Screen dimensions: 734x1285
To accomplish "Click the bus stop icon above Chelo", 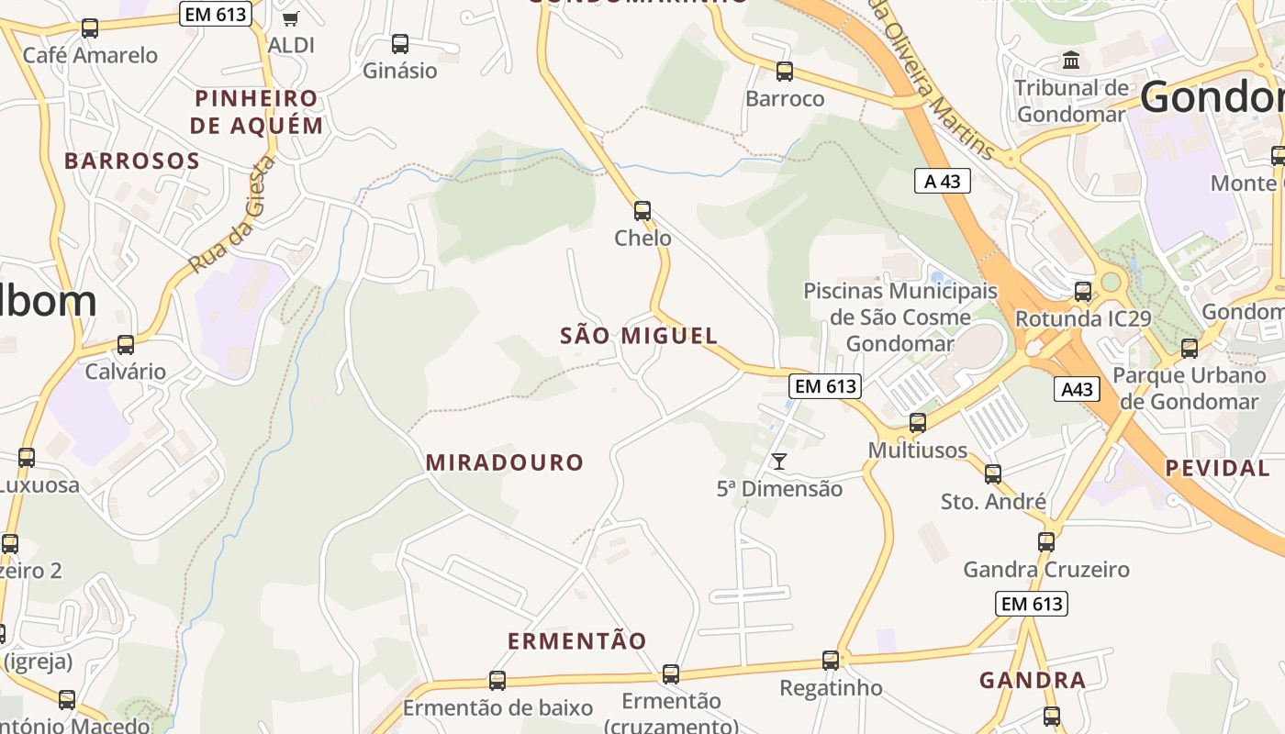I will [x=642, y=210].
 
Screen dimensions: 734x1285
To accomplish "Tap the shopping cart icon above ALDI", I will [x=291, y=18].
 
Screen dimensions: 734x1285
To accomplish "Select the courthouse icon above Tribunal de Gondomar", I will [x=1070, y=61].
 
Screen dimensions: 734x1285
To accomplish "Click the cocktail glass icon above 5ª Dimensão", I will [x=779, y=461].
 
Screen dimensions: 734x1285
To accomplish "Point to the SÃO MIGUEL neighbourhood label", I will [x=639, y=336].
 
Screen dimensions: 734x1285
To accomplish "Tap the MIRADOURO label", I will [x=505, y=462].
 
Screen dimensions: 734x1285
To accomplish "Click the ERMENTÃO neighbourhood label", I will [x=577, y=640].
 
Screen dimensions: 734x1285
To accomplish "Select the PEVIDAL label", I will [x=1217, y=468].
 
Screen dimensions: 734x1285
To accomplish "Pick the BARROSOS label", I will [x=132, y=161].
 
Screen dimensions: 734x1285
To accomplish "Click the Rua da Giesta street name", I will [x=231, y=215].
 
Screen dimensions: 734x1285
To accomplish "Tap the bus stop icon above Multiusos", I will [x=918, y=423].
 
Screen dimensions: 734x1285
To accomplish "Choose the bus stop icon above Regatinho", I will [x=831, y=660].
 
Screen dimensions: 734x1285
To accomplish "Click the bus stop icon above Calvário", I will [x=126, y=345].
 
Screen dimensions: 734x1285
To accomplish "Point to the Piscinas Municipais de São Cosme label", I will [x=899, y=305].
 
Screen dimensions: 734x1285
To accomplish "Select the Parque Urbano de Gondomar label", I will [x=1189, y=388].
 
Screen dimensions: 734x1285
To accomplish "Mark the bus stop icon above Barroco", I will [x=785, y=71].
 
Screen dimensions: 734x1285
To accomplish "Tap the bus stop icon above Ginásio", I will [x=400, y=43].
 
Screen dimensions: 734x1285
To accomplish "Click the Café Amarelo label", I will [x=90, y=55].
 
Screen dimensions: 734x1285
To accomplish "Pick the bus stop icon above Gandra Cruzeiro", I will [x=1046, y=541].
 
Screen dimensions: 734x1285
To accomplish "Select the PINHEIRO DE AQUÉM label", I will [x=257, y=112].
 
